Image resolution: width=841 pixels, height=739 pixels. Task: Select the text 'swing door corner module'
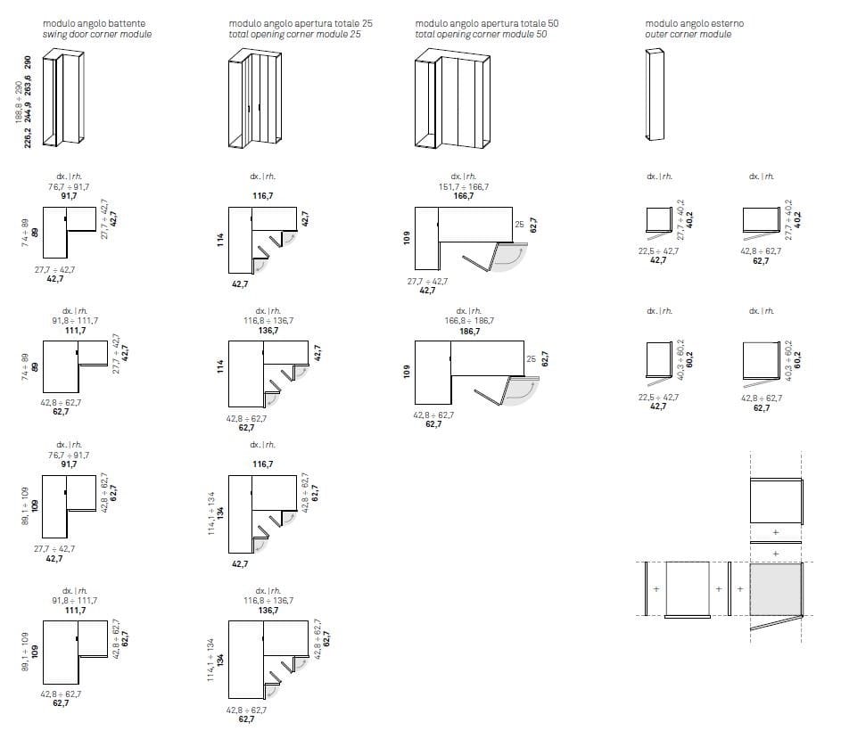[97, 35]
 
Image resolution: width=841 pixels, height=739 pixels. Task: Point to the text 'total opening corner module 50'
[481, 35]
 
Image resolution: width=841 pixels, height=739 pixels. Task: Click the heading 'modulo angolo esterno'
[694, 23]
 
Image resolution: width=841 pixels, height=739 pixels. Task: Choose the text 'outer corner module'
[688, 35]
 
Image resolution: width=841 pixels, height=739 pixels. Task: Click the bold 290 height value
[29, 63]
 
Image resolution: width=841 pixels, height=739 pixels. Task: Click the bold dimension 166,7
[463, 195]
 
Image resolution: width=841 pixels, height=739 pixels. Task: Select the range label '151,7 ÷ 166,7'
[463, 185]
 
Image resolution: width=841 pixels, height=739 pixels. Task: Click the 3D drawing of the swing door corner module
[70, 98]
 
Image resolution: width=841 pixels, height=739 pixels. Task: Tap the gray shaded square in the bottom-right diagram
[776, 589]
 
